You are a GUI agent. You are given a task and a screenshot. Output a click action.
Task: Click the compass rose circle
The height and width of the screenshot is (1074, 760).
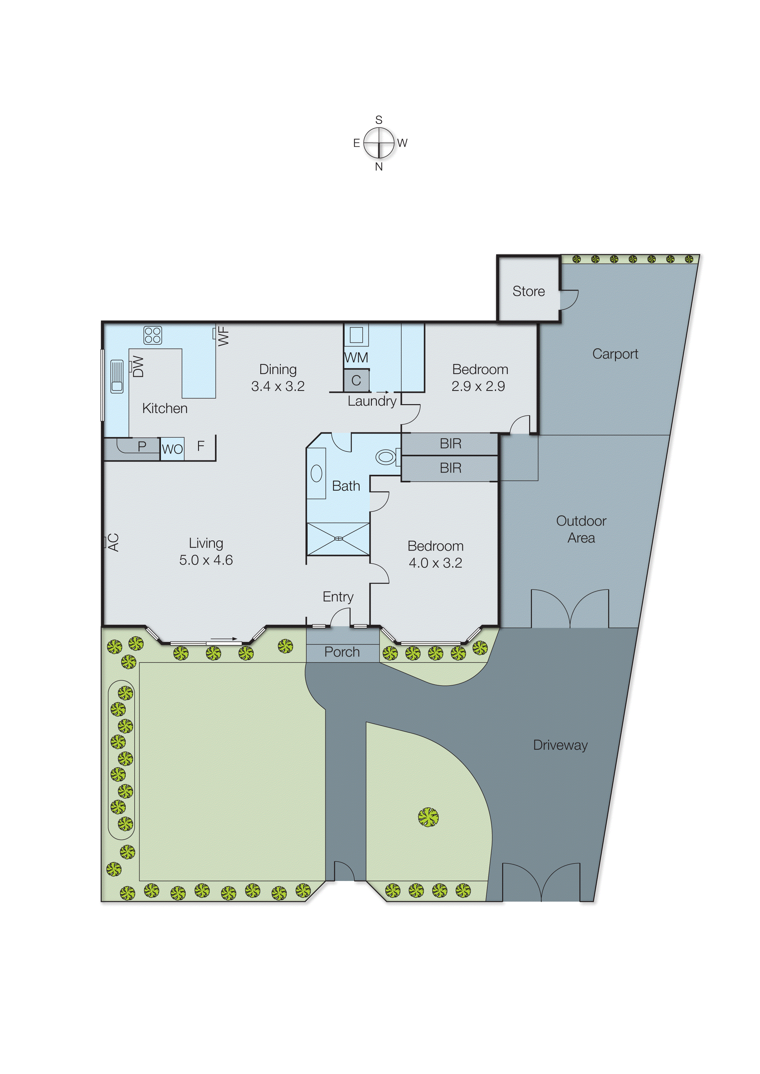379,143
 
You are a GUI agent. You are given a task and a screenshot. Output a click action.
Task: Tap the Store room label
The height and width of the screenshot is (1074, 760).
528,291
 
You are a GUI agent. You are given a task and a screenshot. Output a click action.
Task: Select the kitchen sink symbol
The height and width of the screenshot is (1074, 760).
116,376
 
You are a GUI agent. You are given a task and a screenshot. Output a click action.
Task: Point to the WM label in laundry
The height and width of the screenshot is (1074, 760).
356,358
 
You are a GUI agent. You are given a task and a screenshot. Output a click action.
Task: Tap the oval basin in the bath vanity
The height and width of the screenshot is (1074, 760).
316,473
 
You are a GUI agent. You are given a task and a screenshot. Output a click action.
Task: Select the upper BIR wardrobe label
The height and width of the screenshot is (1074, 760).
450,443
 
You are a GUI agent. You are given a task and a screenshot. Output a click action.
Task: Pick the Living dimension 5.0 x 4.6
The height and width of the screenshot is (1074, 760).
206,560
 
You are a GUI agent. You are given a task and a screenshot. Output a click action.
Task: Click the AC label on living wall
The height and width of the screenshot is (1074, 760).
113,543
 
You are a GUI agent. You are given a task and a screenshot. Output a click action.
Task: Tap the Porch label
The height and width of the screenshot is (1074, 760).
342,652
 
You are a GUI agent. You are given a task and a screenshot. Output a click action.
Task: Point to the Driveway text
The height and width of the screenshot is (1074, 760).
560,745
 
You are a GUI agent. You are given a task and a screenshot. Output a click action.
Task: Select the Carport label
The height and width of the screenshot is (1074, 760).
615,354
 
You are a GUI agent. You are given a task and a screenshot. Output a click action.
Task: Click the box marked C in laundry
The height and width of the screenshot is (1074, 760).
356,380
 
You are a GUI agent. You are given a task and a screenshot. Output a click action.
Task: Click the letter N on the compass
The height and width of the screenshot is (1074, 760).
379,167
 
